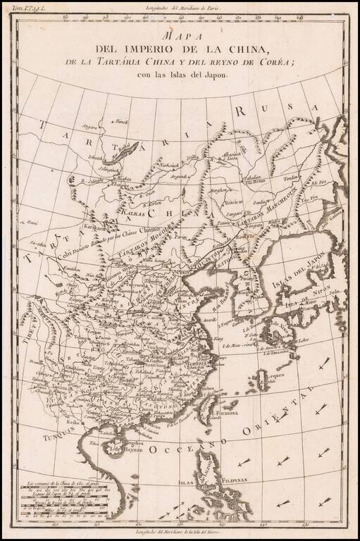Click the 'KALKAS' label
click(x=133, y=210)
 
